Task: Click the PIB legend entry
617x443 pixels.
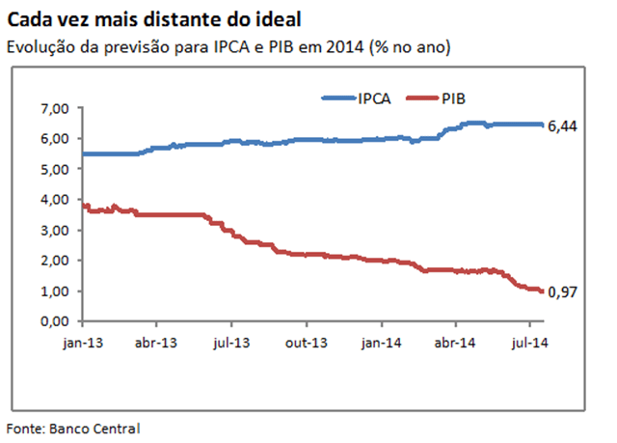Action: (454, 97)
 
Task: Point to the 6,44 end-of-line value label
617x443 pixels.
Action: (564, 125)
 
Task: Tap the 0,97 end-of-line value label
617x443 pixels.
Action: (564, 292)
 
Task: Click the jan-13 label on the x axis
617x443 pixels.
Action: (83, 342)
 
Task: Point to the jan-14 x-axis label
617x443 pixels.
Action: (383, 342)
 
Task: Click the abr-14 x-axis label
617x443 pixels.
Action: (457, 342)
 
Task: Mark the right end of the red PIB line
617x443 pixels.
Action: (542, 291)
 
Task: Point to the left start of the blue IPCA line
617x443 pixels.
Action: (84, 153)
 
